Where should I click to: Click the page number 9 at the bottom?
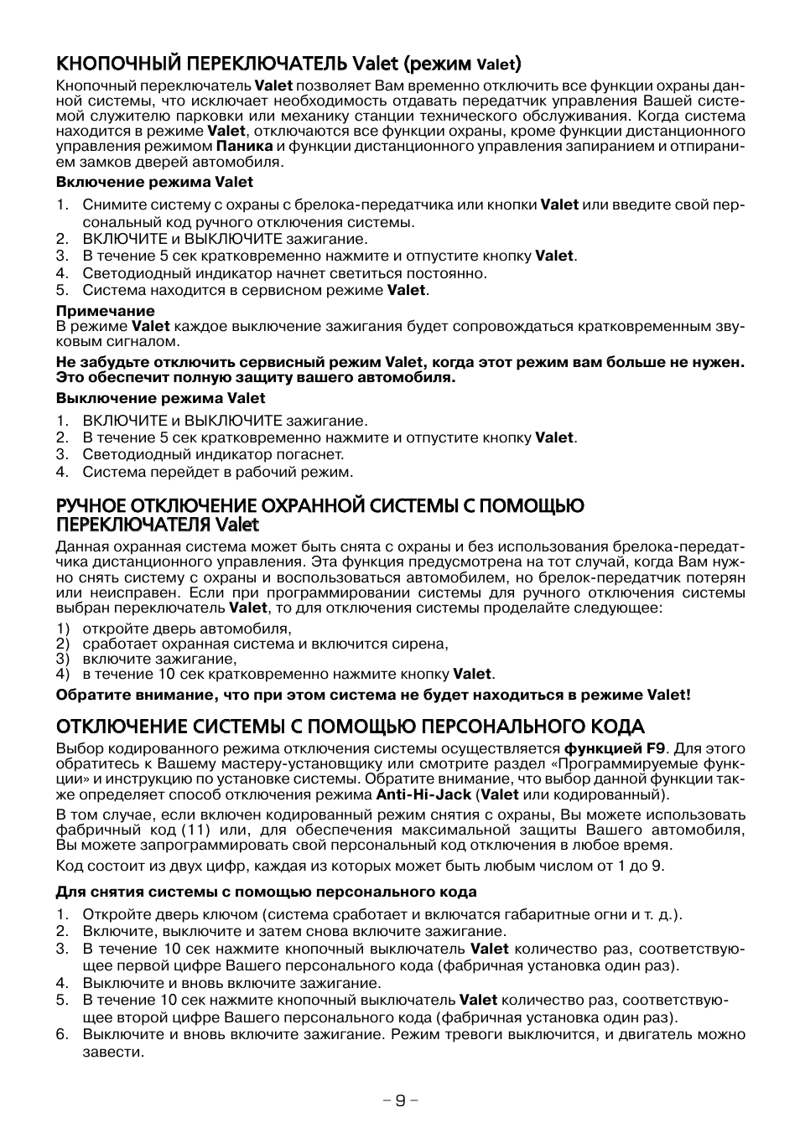point(400,1100)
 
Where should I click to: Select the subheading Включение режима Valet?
point(154,182)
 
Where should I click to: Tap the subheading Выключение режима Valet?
point(160,398)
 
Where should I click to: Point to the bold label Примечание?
point(106,311)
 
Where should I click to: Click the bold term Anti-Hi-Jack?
point(423,794)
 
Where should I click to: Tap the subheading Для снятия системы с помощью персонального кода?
point(266,892)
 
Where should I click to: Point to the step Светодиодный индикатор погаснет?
point(213,454)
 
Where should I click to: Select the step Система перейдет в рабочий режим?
point(217,472)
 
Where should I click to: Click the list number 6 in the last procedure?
point(61,1034)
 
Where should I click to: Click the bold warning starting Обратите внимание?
point(373,695)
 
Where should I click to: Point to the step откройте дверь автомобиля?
point(186,629)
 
